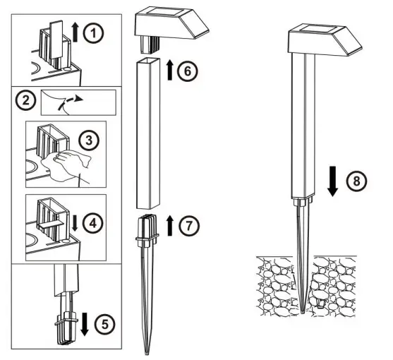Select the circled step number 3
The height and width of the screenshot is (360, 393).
90,140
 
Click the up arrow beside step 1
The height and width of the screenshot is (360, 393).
77,32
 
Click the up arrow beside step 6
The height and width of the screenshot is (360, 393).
169,71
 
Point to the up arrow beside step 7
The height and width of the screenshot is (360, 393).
170,225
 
